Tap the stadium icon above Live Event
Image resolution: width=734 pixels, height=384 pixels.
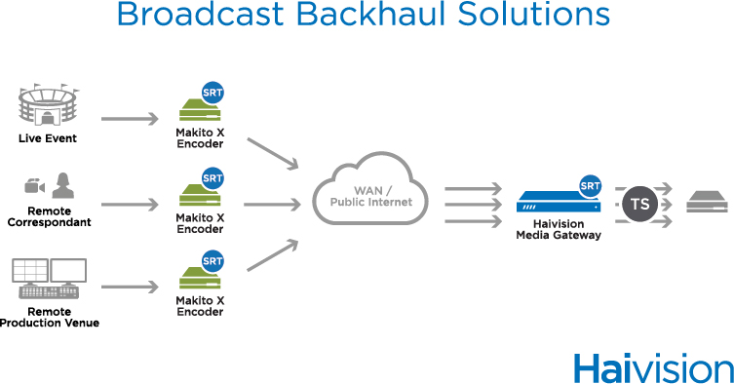47,106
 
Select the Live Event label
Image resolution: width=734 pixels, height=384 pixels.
47,138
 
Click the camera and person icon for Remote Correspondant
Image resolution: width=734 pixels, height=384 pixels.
49,185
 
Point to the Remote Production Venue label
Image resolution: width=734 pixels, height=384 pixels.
50,318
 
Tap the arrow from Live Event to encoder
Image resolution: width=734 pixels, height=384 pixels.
129,120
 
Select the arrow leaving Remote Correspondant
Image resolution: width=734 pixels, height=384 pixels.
129,205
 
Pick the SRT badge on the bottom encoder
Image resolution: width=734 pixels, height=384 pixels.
212,261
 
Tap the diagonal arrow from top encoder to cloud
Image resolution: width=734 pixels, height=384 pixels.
272,154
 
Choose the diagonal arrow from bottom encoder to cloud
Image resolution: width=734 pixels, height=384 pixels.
272,255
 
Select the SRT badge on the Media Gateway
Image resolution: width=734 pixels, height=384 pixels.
590,186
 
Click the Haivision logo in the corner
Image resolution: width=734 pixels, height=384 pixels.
652,367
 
